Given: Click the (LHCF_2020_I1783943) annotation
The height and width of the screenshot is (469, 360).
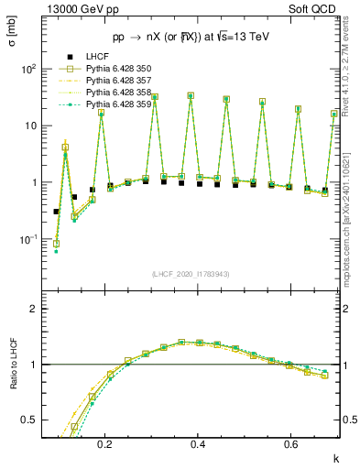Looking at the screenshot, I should (x=190, y=275).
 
